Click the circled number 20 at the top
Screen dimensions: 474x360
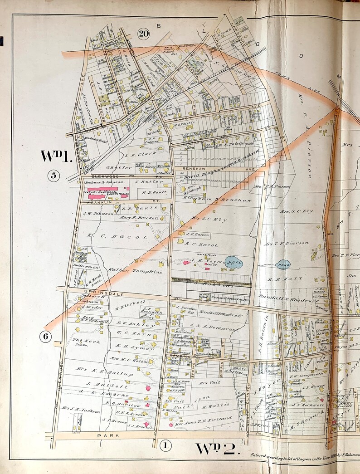(x=144, y=34)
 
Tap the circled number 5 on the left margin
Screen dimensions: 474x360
(x=54, y=175)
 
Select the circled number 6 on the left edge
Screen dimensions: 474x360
(x=45, y=336)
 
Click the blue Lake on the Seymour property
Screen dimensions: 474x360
(x=234, y=262)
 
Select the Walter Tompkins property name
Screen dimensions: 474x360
(x=128, y=270)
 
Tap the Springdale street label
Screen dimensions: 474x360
(x=98, y=290)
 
